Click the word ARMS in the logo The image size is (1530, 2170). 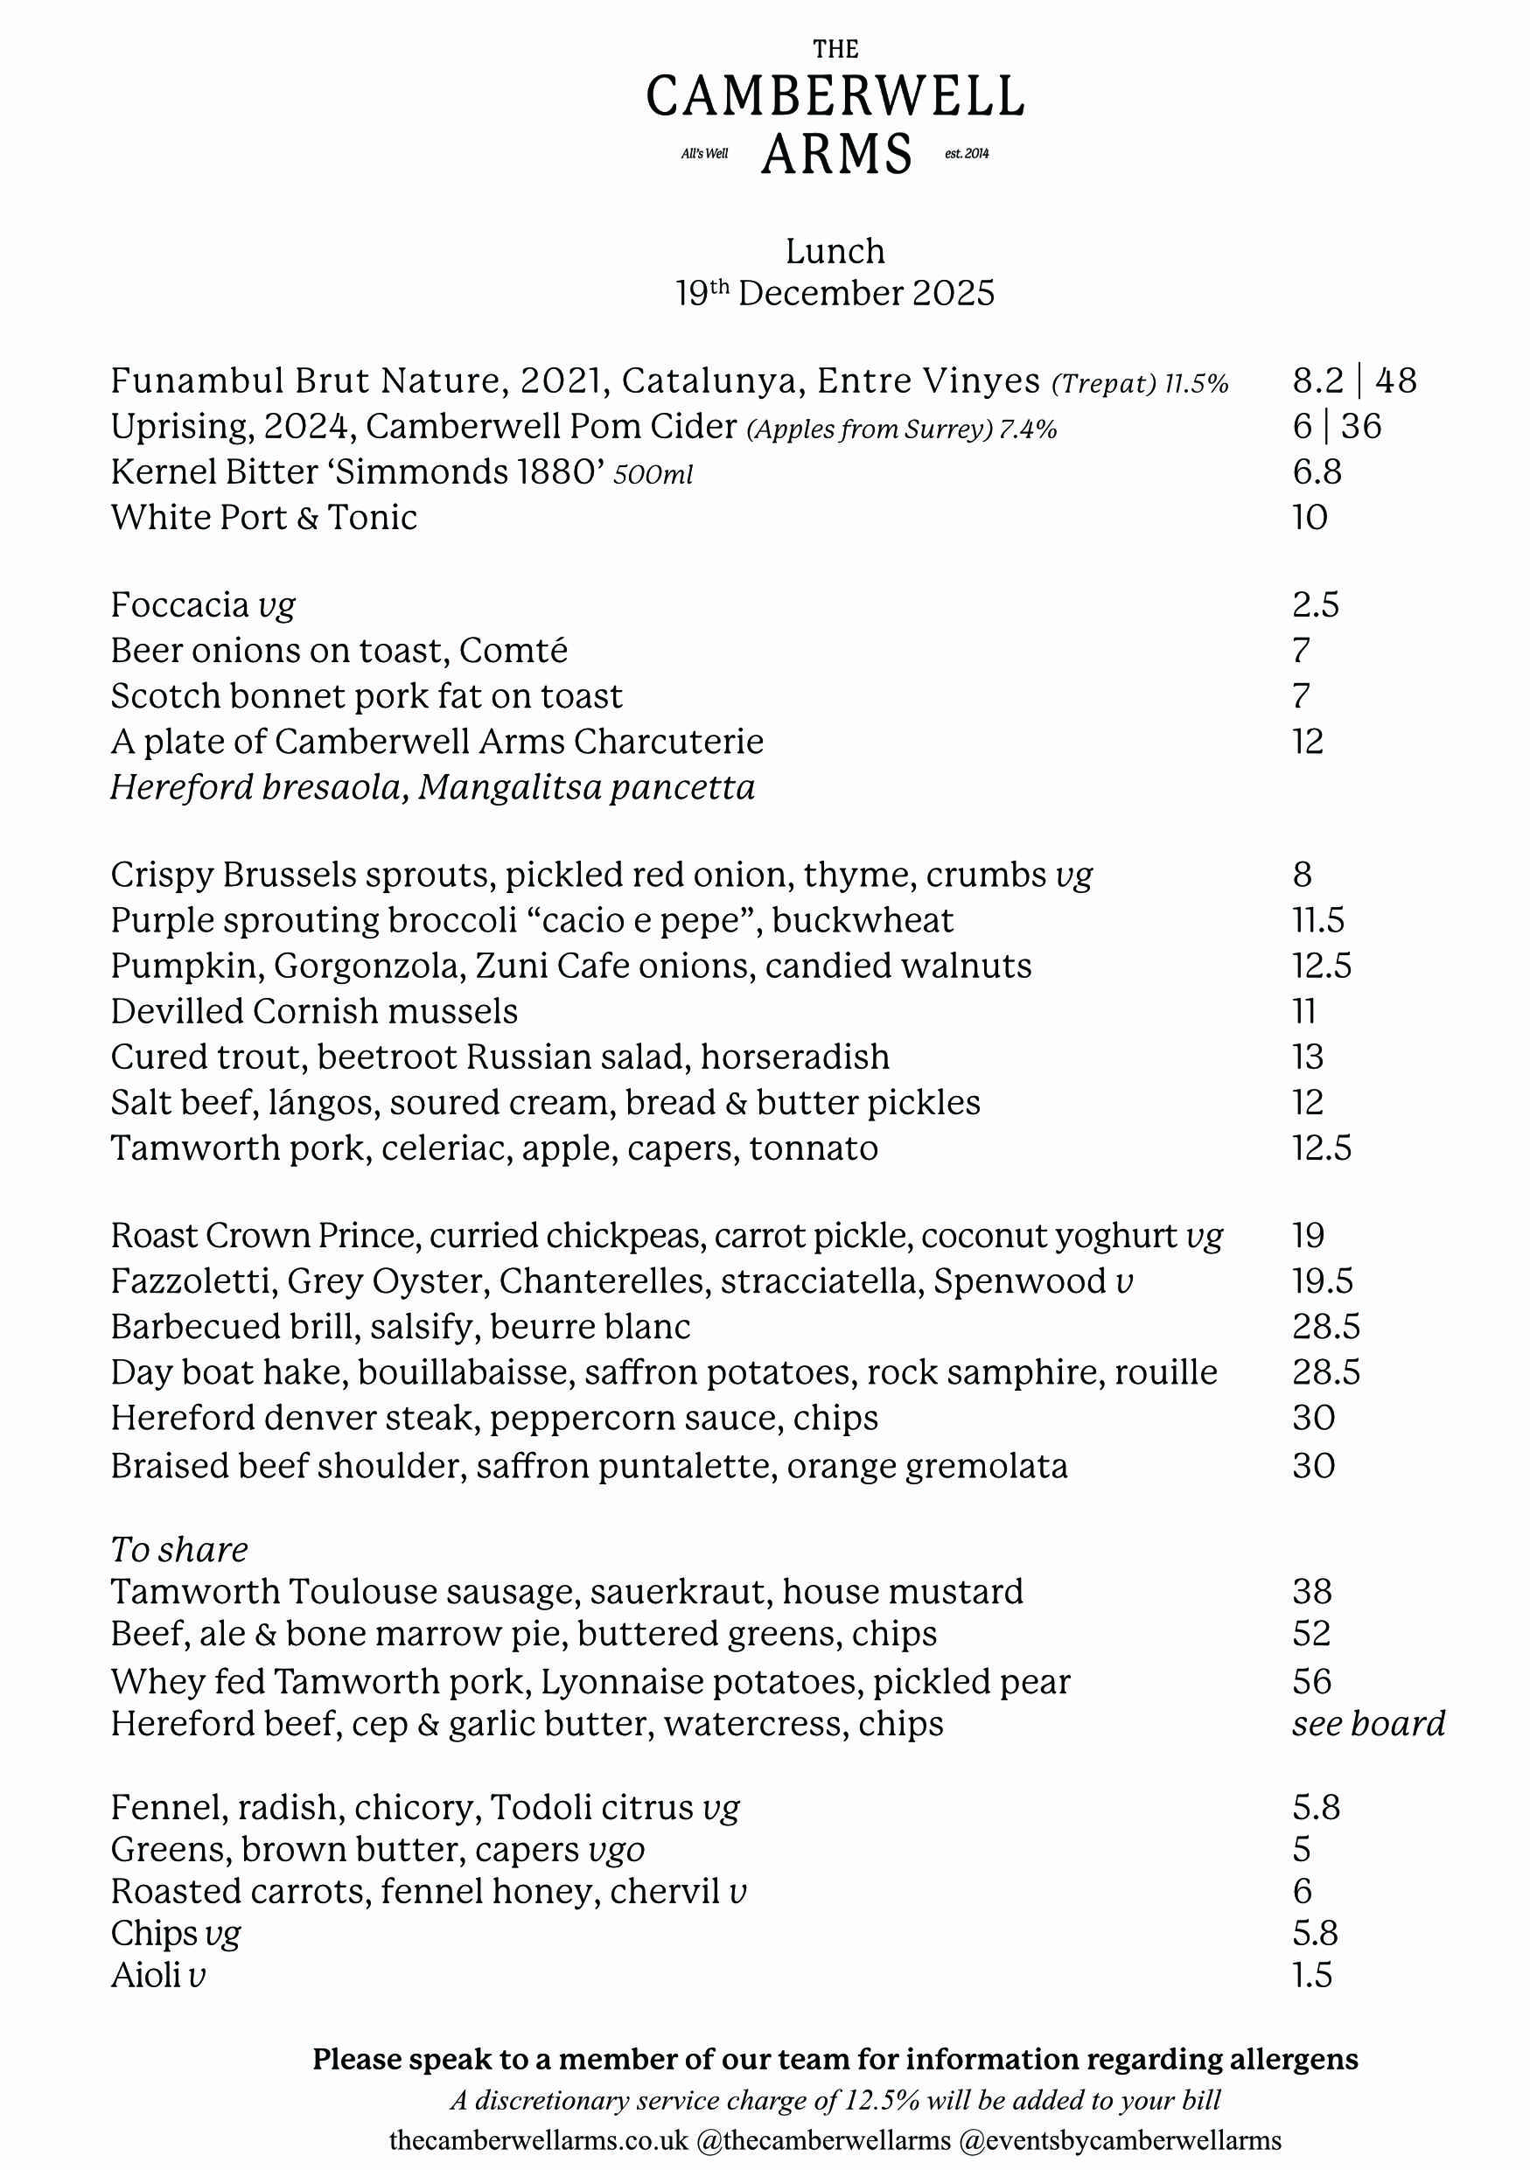(x=836, y=155)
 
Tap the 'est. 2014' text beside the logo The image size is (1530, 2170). (x=966, y=154)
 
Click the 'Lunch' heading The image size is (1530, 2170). (x=835, y=251)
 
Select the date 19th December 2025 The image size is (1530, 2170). (x=835, y=294)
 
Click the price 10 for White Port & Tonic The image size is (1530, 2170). (x=1310, y=518)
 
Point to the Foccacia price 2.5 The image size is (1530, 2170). (x=1316, y=605)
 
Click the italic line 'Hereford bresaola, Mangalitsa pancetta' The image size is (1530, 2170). (x=433, y=787)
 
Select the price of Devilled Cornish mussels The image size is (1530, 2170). (x=1304, y=1012)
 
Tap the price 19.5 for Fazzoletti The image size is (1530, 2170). (x=1322, y=1281)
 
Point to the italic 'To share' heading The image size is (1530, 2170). (x=179, y=1550)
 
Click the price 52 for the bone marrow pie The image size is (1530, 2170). (x=1311, y=1634)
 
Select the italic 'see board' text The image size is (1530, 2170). (x=1368, y=1724)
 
